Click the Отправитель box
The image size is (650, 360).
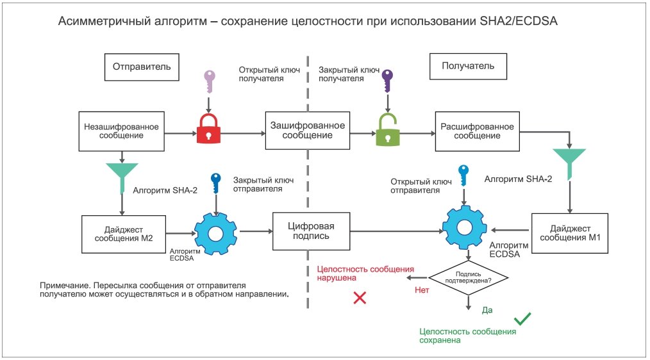pos(142,66)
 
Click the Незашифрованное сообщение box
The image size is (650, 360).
pos(121,131)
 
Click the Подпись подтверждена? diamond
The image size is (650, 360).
pos(468,277)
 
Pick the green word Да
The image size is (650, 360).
pos(487,311)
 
